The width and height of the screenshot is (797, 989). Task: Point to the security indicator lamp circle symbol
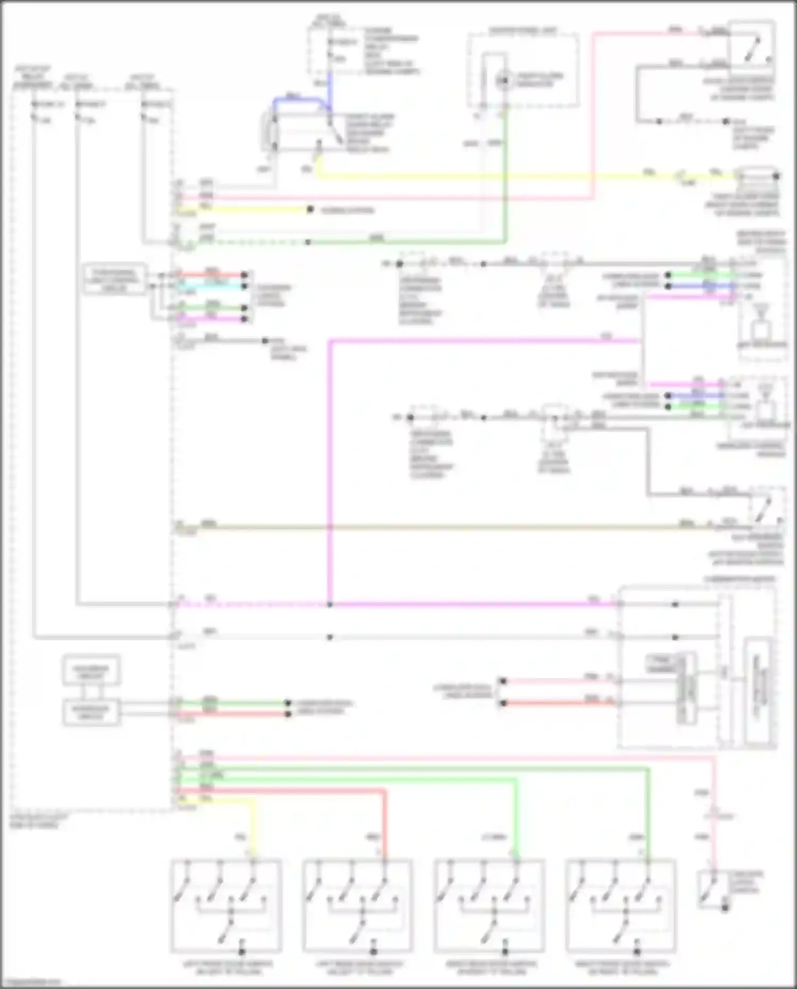[503, 80]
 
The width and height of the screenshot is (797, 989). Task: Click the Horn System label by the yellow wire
[347, 210]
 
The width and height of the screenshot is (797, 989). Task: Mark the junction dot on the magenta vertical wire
[330, 605]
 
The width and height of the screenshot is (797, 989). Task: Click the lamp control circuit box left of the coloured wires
[115, 278]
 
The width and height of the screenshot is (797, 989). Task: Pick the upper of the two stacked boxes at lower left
[91, 671]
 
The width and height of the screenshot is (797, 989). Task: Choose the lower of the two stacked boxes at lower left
[91, 712]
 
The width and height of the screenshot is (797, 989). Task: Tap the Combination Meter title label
[739, 579]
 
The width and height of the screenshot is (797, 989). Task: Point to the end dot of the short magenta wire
[245, 319]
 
